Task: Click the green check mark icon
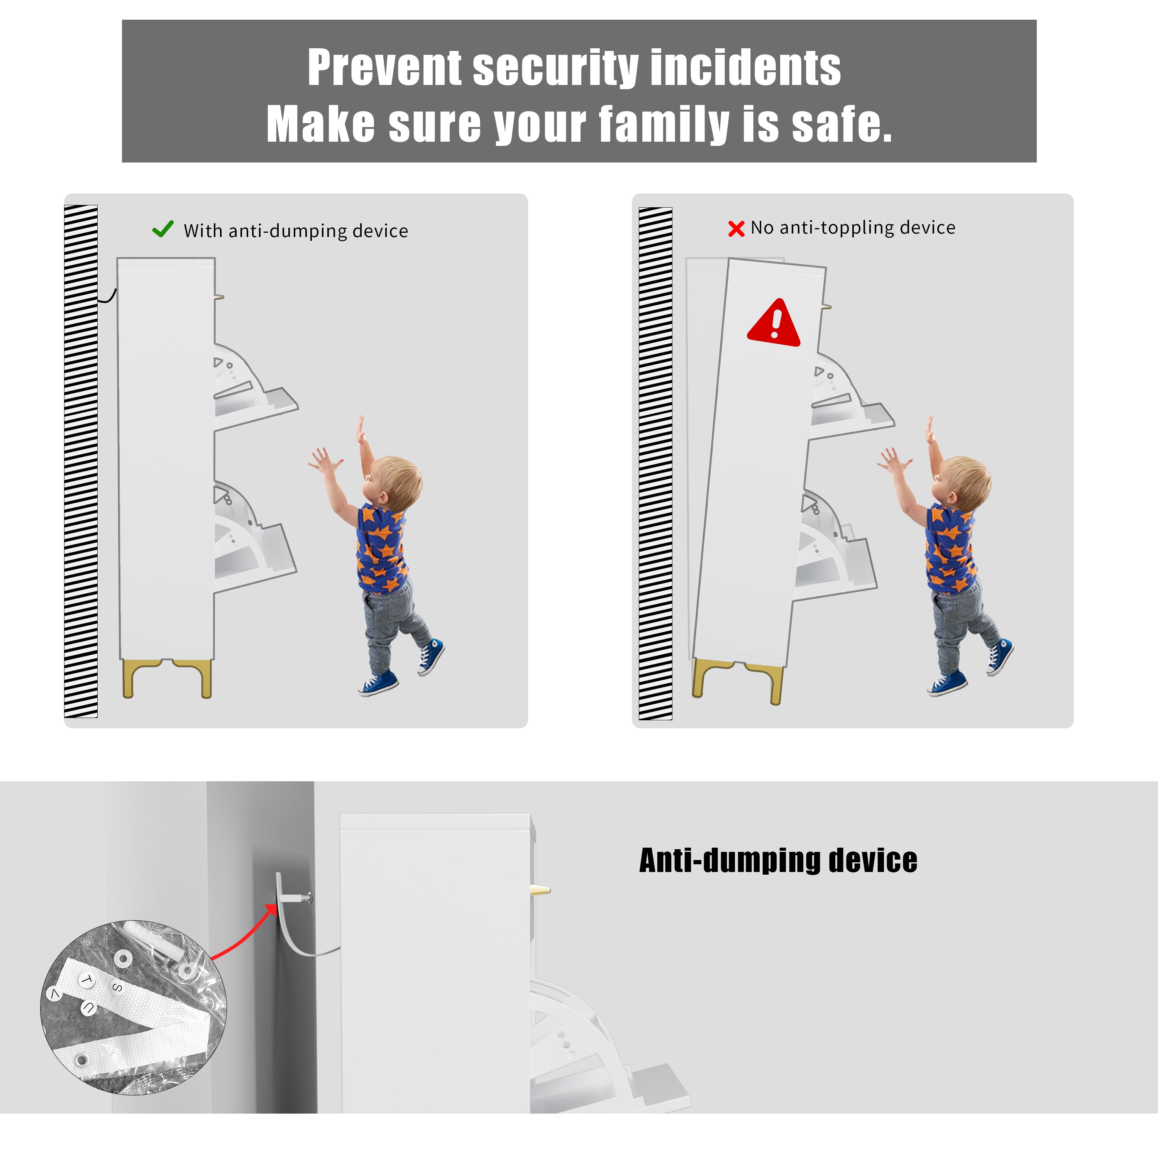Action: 163,229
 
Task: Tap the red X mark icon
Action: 736,229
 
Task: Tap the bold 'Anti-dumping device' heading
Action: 778,861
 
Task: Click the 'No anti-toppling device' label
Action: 853,228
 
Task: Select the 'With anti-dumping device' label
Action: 296,231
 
